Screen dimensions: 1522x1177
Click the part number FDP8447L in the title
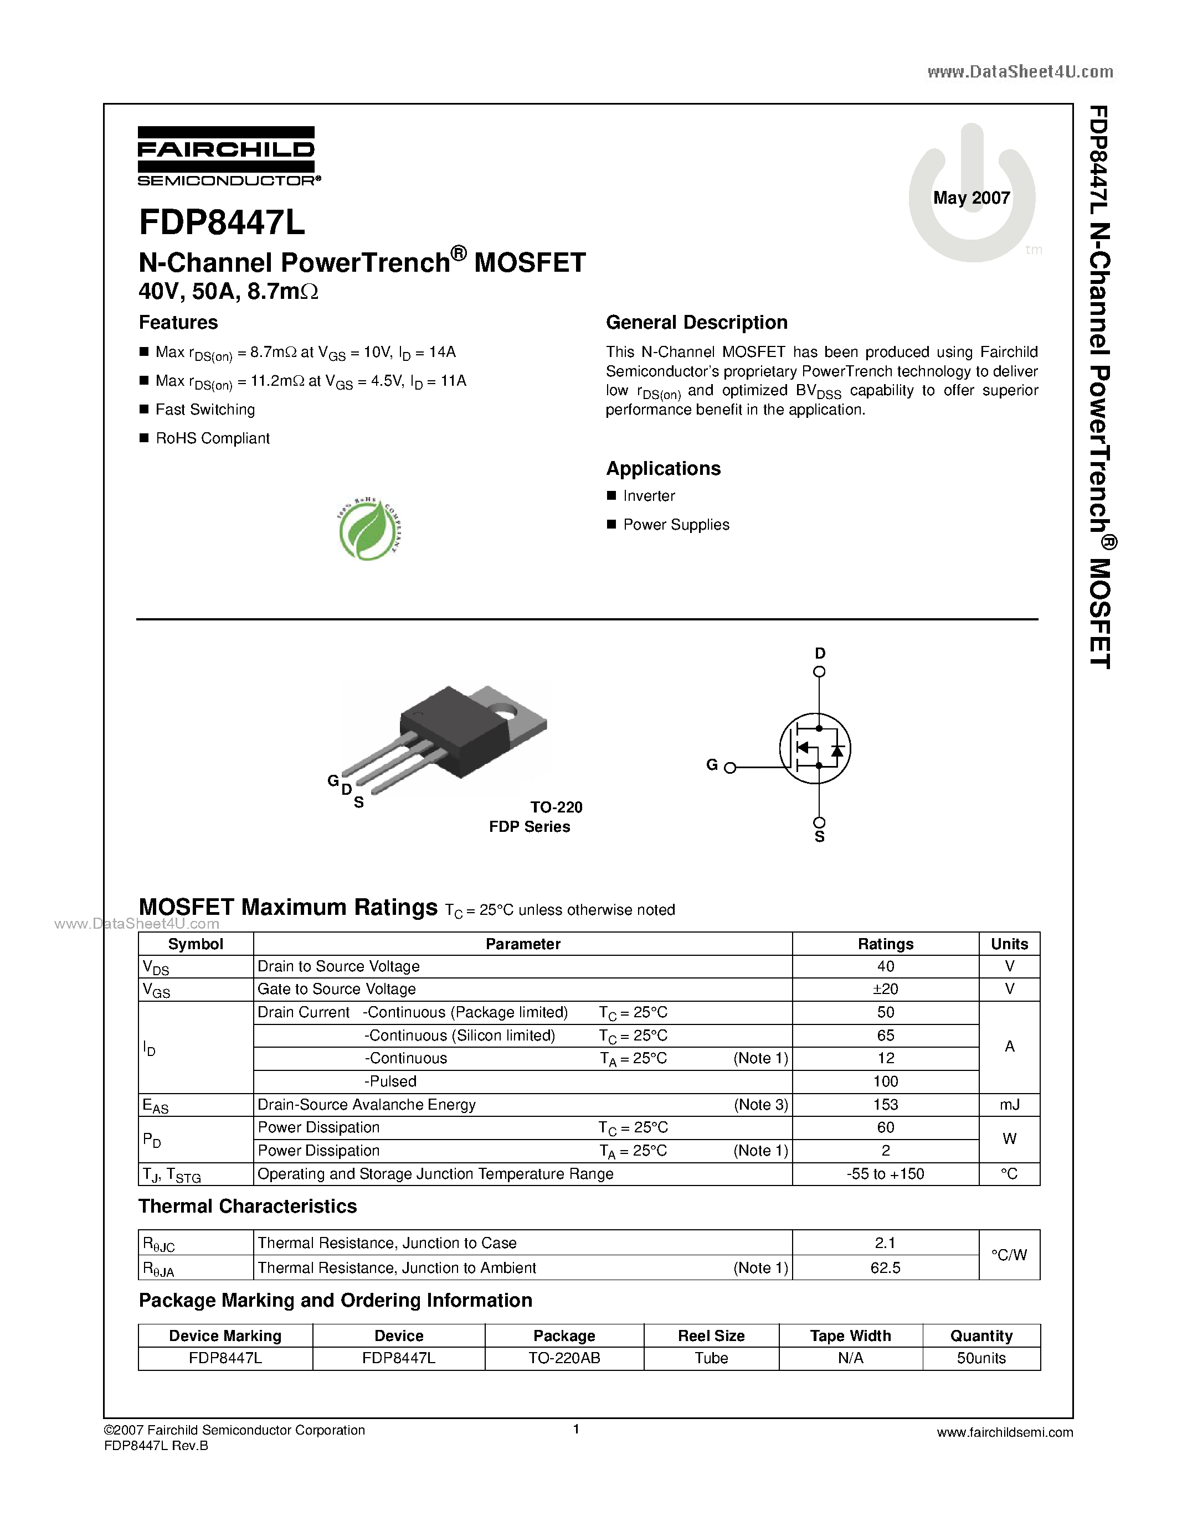[222, 223]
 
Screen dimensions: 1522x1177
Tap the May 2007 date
[972, 198]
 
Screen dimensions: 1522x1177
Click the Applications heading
[663, 468]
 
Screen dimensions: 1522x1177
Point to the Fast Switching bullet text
[205, 410]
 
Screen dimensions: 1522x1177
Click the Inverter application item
[649, 496]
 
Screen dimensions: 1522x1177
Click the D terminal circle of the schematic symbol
[819, 672]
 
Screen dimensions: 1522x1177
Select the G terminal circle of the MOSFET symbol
[730, 768]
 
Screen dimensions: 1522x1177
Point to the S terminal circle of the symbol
[819, 823]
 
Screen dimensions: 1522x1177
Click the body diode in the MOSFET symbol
[837, 750]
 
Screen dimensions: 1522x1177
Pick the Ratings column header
[886, 944]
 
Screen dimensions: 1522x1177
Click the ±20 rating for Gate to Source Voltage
[886, 989]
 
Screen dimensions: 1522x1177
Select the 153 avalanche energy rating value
[886, 1105]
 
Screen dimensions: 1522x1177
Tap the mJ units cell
[1009, 1105]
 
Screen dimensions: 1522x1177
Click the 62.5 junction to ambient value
[886, 1267]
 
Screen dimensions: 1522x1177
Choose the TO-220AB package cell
[564, 1358]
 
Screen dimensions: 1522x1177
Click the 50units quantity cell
[981, 1358]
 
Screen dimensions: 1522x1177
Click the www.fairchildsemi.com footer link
[1005, 1433]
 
